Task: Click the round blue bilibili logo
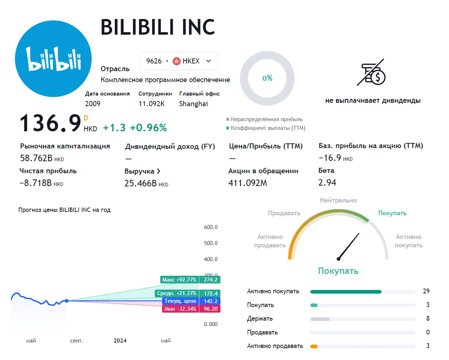(x=53, y=59)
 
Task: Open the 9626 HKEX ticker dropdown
(x=179, y=61)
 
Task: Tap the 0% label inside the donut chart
(x=267, y=78)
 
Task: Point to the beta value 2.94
(x=327, y=183)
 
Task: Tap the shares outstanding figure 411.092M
(x=247, y=183)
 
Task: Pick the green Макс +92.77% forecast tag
(x=180, y=279)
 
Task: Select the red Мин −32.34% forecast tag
(x=180, y=309)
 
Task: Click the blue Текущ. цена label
(x=180, y=301)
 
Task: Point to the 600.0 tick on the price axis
(x=211, y=227)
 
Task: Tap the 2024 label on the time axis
(x=120, y=340)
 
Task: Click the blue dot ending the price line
(x=66, y=301)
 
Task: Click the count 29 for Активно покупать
(x=426, y=291)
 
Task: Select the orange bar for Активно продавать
(x=314, y=347)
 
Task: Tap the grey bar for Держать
(x=320, y=319)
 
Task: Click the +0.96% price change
(x=148, y=128)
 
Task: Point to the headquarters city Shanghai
(x=193, y=104)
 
